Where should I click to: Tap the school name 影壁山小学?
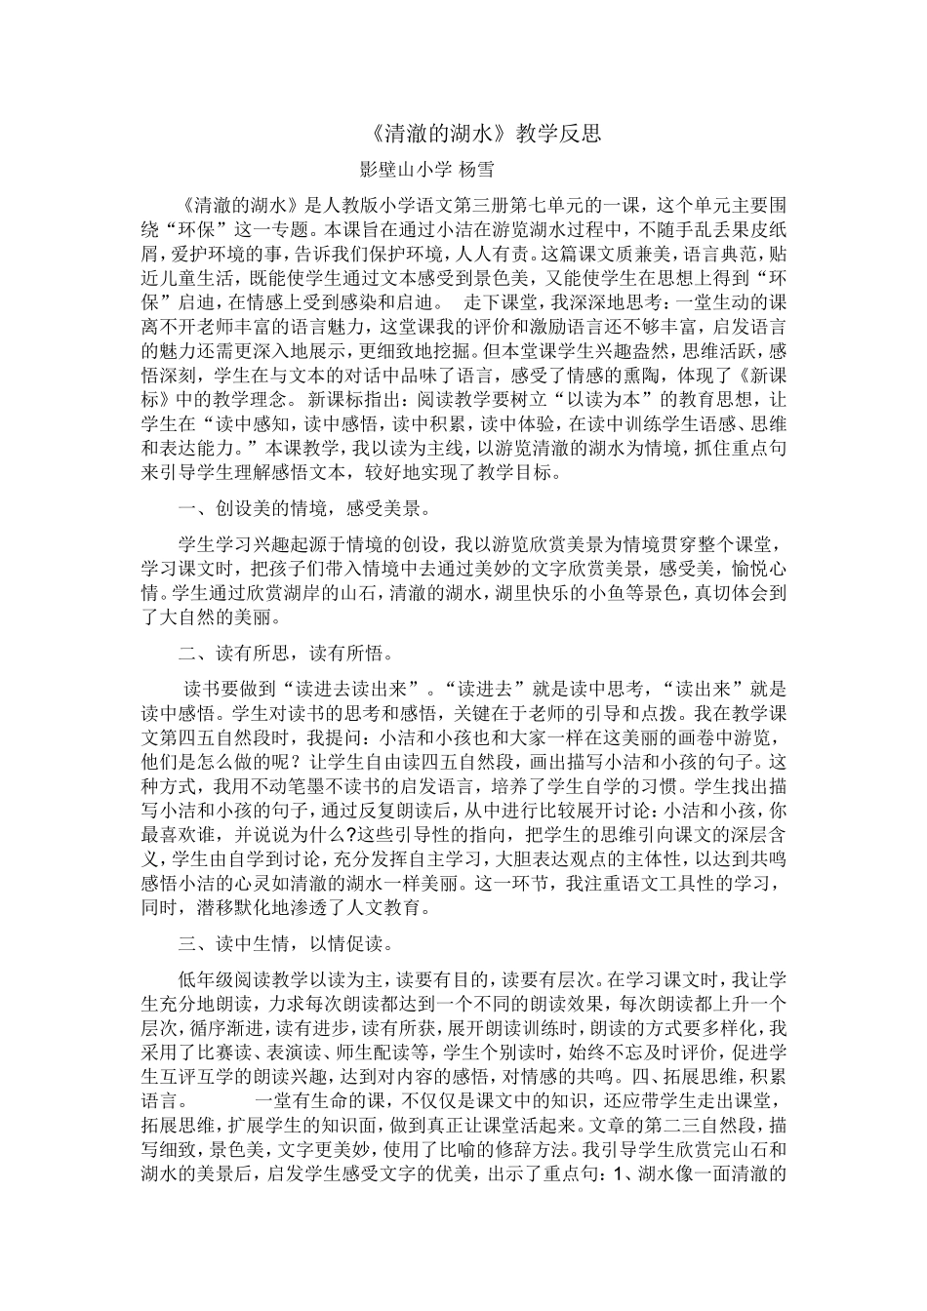pyautogui.click(x=406, y=169)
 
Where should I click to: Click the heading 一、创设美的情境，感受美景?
pyautogui.click(x=303, y=508)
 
